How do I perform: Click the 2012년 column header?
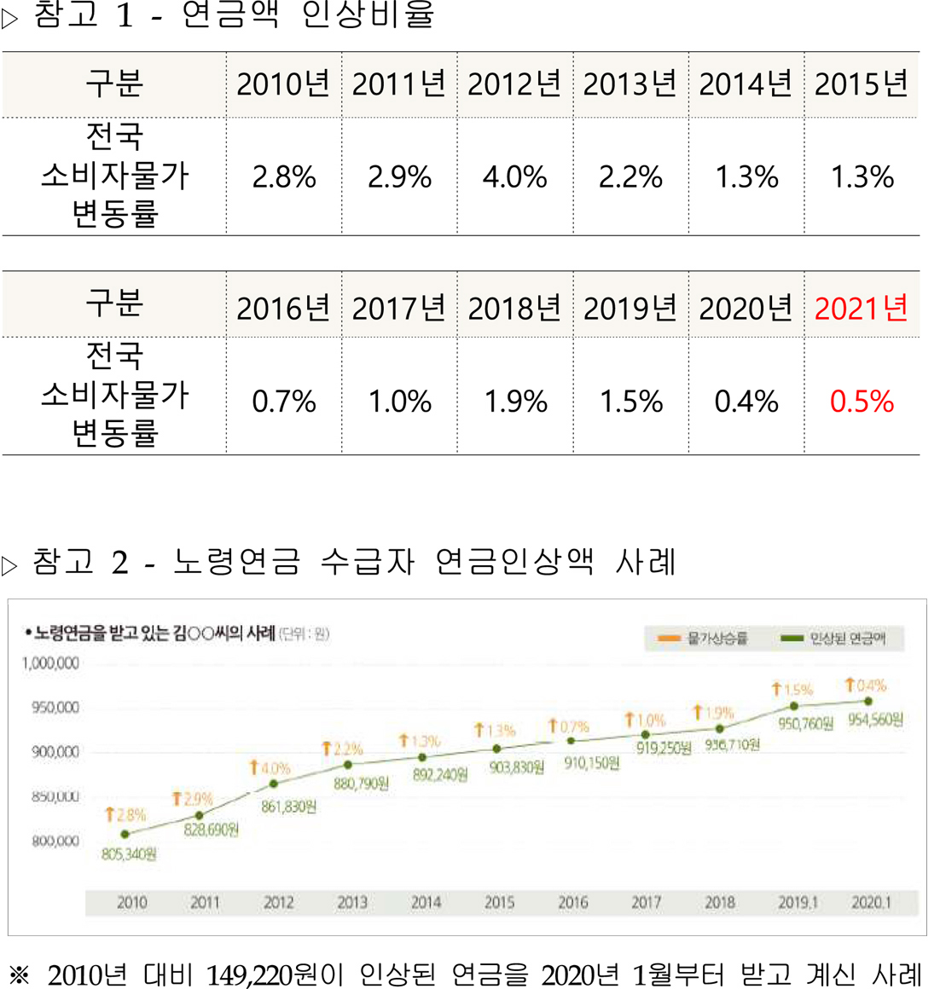(514, 84)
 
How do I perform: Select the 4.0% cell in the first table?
(514, 177)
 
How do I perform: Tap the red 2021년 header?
(862, 308)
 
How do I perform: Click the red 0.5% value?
(862, 402)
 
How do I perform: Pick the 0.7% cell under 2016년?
(283, 402)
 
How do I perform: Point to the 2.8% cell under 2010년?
(283, 177)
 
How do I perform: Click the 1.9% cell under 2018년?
(515, 402)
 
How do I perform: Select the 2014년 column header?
(746, 84)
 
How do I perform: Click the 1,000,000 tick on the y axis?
(50, 663)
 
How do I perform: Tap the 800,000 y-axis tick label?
(55, 841)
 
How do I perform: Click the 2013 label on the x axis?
(352, 902)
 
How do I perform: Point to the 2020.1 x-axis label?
(871, 902)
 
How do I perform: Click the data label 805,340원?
(129, 853)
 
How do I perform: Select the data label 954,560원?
(875, 720)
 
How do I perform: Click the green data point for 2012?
(274, 784)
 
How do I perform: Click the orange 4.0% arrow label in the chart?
(270, 768)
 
